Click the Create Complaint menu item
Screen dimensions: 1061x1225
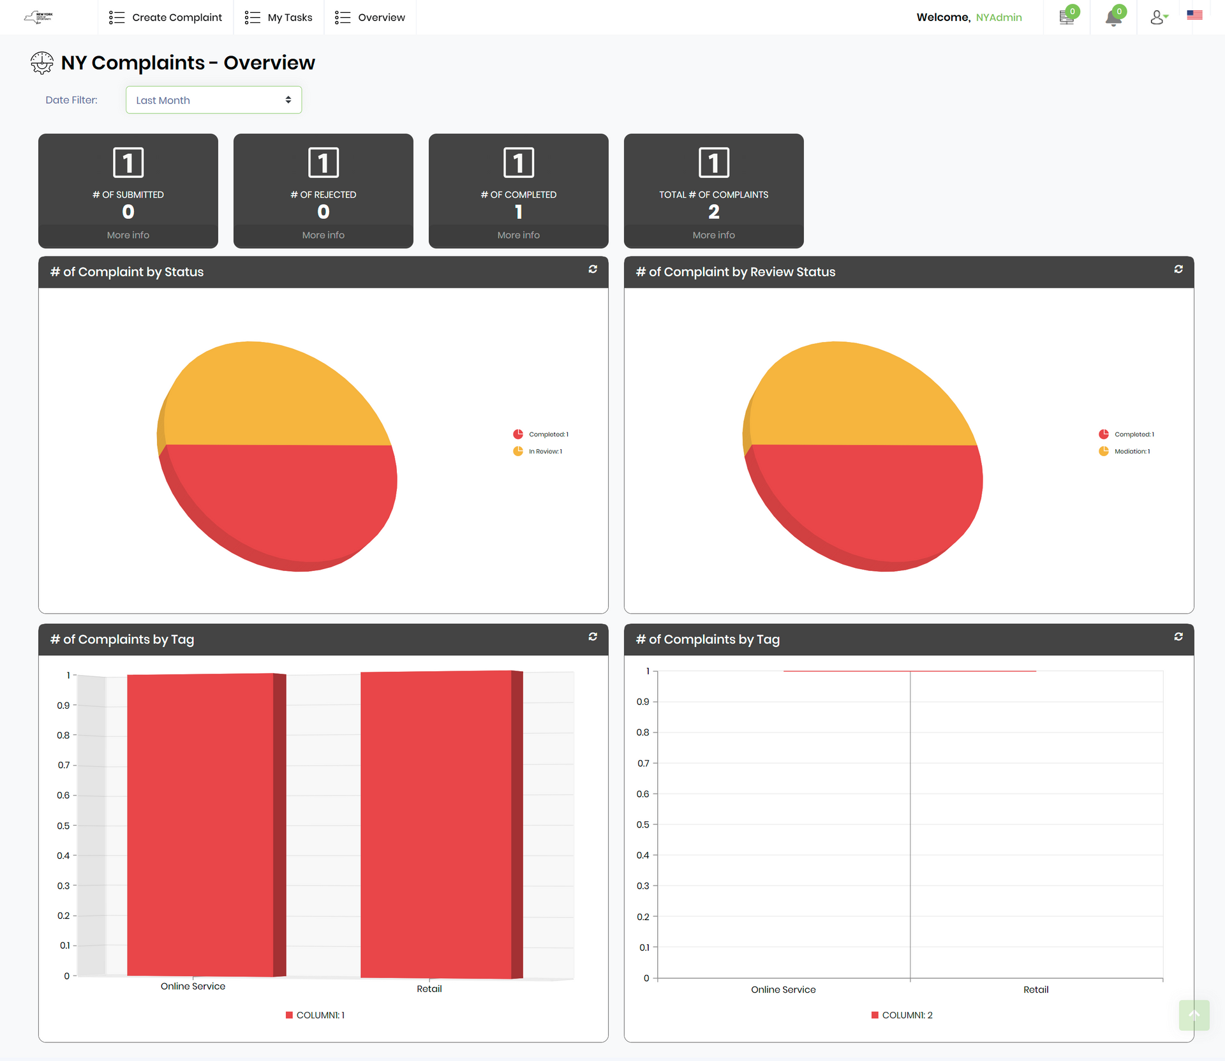166,17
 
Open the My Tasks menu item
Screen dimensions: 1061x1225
279,17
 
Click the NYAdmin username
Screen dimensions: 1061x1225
999,17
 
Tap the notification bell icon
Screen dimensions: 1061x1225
1113,17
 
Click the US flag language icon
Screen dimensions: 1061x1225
1194,15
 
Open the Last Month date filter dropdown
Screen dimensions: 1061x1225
214,100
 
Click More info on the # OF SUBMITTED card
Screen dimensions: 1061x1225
128,235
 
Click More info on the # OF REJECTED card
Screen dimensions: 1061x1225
323,235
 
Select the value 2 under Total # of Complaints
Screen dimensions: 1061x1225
714,212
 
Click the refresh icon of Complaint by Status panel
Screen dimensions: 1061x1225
593,269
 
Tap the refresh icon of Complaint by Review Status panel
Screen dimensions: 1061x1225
1178,269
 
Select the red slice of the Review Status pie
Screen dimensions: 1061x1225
868,504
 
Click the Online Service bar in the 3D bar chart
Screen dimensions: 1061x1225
200,823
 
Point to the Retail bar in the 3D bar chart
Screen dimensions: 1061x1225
436,823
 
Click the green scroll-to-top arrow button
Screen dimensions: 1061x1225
1194,1015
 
